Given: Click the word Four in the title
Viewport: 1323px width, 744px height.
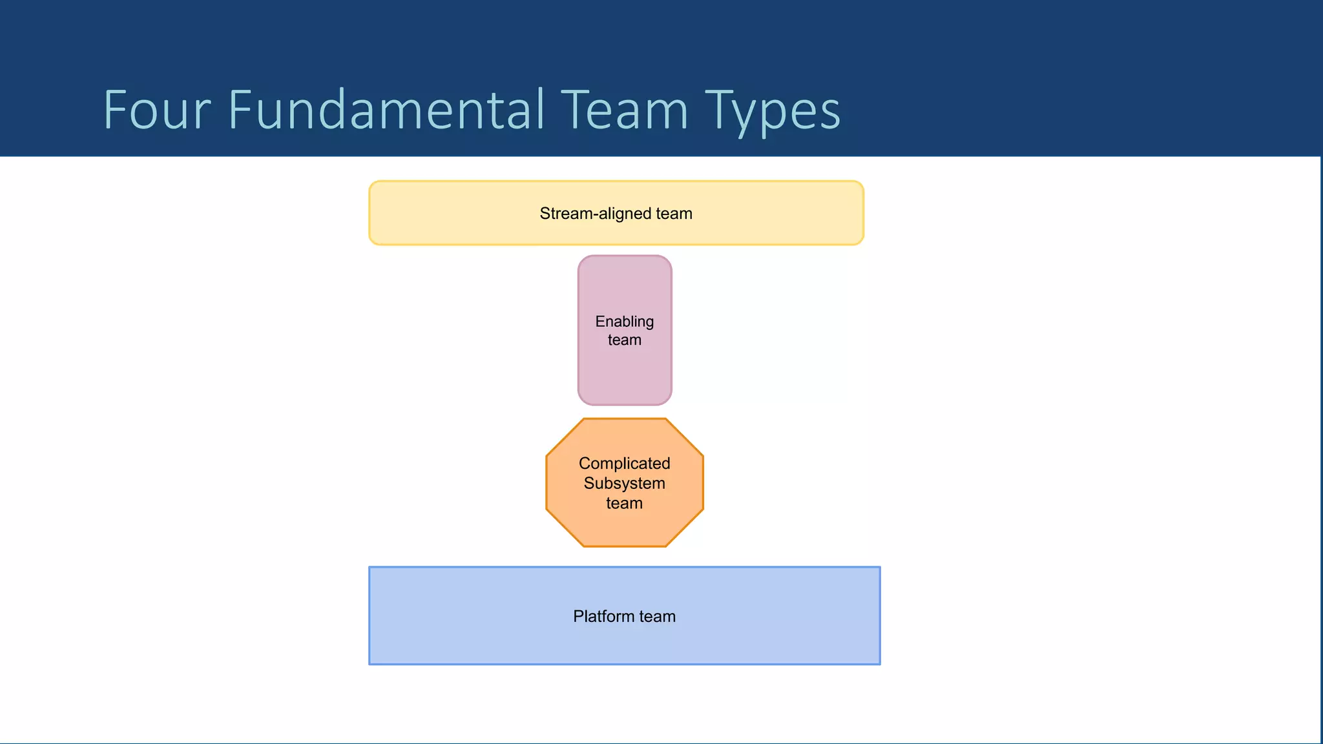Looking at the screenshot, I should tap(157, 110).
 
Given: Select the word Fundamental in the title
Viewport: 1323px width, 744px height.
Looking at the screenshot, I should tap(386, 110).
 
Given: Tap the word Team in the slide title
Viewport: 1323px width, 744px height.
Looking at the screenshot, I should tap(624, 110).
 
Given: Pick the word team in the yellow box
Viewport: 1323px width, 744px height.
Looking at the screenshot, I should tap(674, 214).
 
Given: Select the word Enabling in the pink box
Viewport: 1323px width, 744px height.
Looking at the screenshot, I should tap(624, 322).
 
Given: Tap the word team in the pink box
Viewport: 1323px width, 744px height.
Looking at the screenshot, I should tap(624, 340).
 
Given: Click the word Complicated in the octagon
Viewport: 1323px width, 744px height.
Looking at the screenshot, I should tap(624, 464).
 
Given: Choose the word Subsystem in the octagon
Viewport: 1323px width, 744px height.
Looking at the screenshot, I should tap(624, 484).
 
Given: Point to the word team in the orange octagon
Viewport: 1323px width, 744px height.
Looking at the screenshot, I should tap(624, 504).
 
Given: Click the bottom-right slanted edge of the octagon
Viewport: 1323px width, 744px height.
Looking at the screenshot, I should tap(685, 528).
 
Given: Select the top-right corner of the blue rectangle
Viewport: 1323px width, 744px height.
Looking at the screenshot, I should tap(879, 568).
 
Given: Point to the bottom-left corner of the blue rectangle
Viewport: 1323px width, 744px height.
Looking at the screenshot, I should tap(370, 663).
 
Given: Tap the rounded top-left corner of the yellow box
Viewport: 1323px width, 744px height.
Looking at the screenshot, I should tap(372, 184).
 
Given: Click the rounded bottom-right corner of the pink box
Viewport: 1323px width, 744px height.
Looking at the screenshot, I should tap(668, 401).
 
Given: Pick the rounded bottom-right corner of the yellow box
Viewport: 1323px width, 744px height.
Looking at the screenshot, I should tap(860, 242).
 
